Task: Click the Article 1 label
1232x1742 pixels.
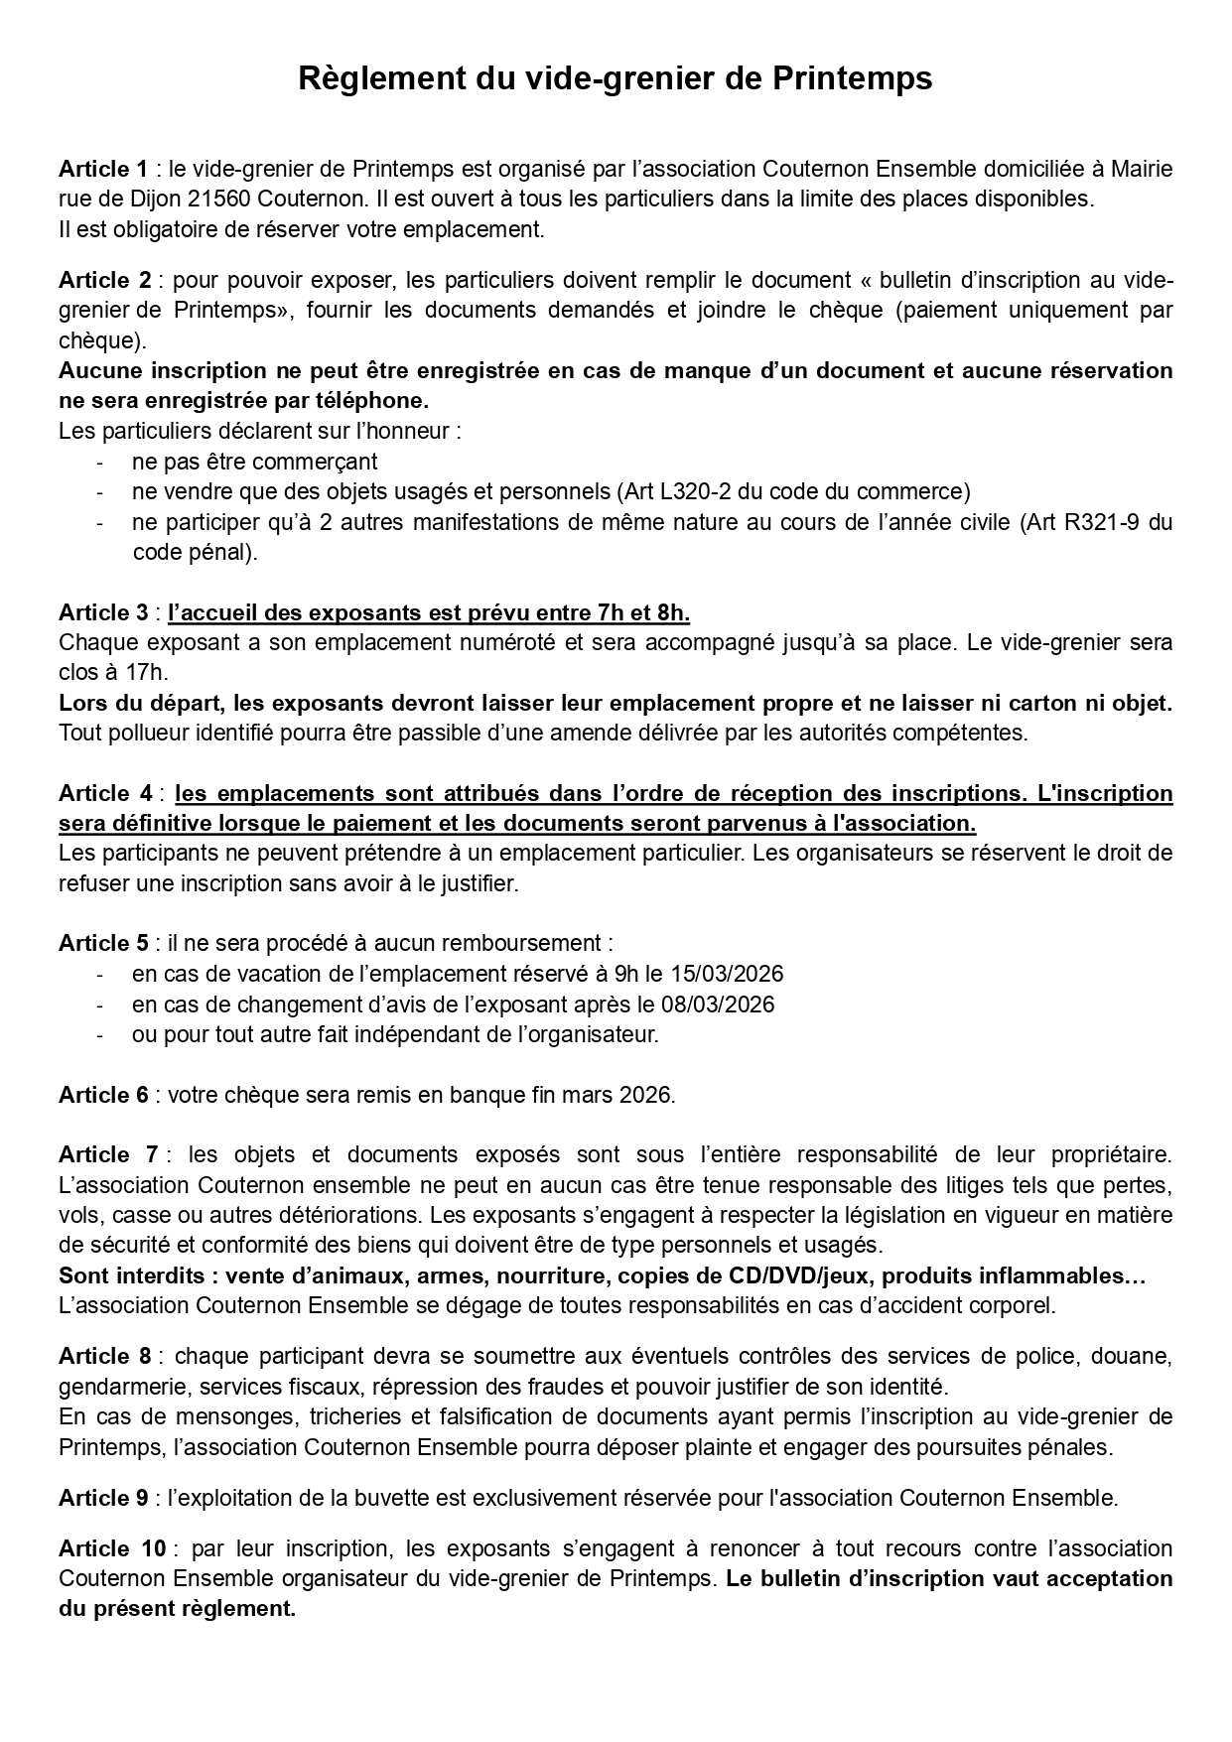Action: point(102,169)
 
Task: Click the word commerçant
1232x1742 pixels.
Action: point(315,462)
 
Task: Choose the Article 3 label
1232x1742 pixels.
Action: point(102,612)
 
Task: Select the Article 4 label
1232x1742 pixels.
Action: point(105,793)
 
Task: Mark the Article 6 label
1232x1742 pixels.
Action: point(102,1095)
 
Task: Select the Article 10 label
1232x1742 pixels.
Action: point(109,1548)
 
